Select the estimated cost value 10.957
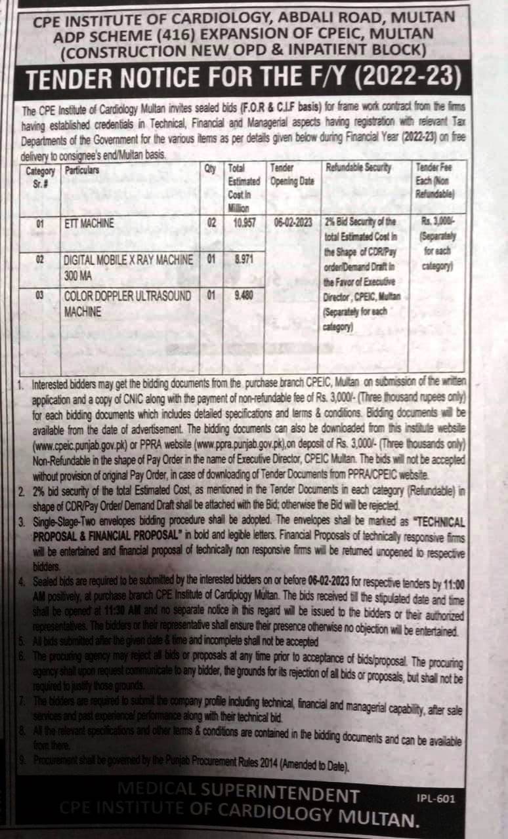[x=244, y=223]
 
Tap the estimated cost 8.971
[x=244, y=259]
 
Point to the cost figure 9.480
[x=244, y=295]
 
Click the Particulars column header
[x=82, y=170]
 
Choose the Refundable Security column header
[x=358, y=168]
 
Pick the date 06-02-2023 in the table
[x=293, y=223]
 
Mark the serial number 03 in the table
[x=39, y=295]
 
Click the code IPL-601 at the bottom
[x=435, y=798]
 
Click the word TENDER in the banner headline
[x=70, y=79]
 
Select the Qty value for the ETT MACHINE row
[x=211, y=223]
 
